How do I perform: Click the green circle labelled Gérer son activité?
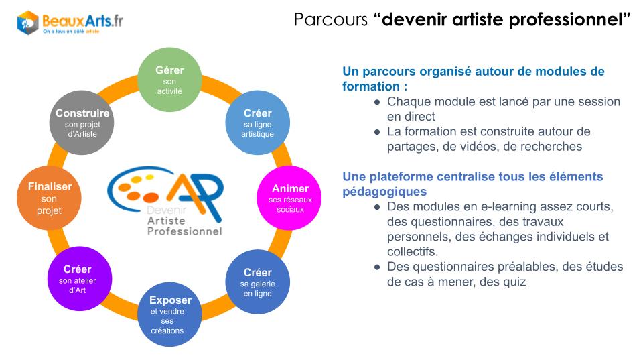tap(169, 80)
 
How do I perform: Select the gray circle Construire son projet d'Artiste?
tap(82, 122)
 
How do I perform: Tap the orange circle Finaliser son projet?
tap(49, 198)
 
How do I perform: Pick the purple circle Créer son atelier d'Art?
tap(80, 279)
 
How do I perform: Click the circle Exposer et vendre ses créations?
tap(169, 314)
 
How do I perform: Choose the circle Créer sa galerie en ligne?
tap(257, 282)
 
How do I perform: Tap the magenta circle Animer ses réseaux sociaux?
tap(289, 198)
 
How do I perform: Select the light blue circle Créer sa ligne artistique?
tap(257, 122)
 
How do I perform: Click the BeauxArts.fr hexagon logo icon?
tap(28, 23)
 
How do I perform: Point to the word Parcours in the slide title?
tap(330, 19)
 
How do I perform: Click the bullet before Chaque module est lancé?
tap(377, 102)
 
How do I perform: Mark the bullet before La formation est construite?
tap(377, 132)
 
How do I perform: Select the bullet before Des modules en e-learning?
tap(377, 207)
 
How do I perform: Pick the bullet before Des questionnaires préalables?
tap(377, 267)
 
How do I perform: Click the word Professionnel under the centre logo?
tap(185, 231)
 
